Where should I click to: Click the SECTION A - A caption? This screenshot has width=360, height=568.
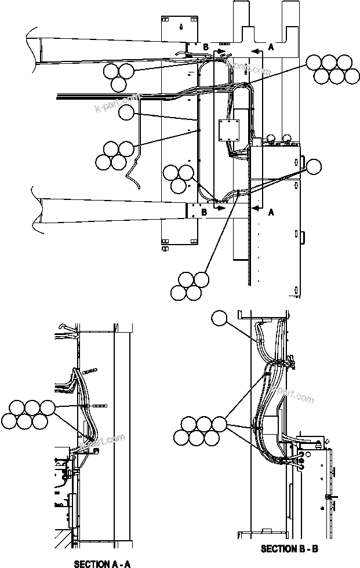pyautogui.click(x=102, y=563)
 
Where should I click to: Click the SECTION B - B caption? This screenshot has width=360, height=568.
pyautogui.click(x=289, y=548)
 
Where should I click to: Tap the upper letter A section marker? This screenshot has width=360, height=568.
pyautogui.click(x=271, y=48)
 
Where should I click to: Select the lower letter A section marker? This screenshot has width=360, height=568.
pyautogui.click(x=271, y=212)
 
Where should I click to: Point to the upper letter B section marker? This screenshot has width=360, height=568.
pyautogui.click(x=205, y=46)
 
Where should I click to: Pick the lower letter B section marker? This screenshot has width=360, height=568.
pyautogui.click(x=203, y=212)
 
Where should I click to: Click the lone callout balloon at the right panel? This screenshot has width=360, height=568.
pyautogui.click(x=313, y=167)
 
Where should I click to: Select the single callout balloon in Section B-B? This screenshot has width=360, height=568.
pyautogui.click(x=220, y=318)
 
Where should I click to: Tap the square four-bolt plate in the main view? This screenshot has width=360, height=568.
pyautogui.click(x=230, y=130)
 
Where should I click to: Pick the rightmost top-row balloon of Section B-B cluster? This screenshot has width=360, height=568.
pyautogui.click(x=219, y=424)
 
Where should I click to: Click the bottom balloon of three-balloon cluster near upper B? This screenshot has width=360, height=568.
pyautogui.click(x=118, y=84)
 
